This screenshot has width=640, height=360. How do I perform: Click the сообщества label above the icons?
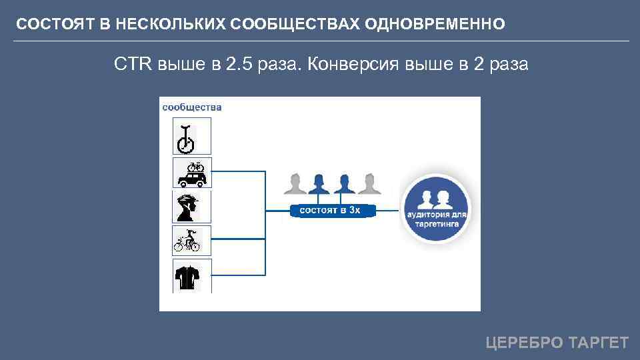[x=192, y=107]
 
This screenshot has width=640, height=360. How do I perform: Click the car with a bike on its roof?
[x=192, y=175]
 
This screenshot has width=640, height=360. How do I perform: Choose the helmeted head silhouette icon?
[x=189, y=207]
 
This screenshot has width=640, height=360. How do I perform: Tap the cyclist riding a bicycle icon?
[x=187, y=240]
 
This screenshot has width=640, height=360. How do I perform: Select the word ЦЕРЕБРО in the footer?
[x=525, y=343]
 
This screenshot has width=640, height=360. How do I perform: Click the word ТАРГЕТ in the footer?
[x=598, y=343]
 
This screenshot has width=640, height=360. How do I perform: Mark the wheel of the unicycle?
[x=185, y=143]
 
